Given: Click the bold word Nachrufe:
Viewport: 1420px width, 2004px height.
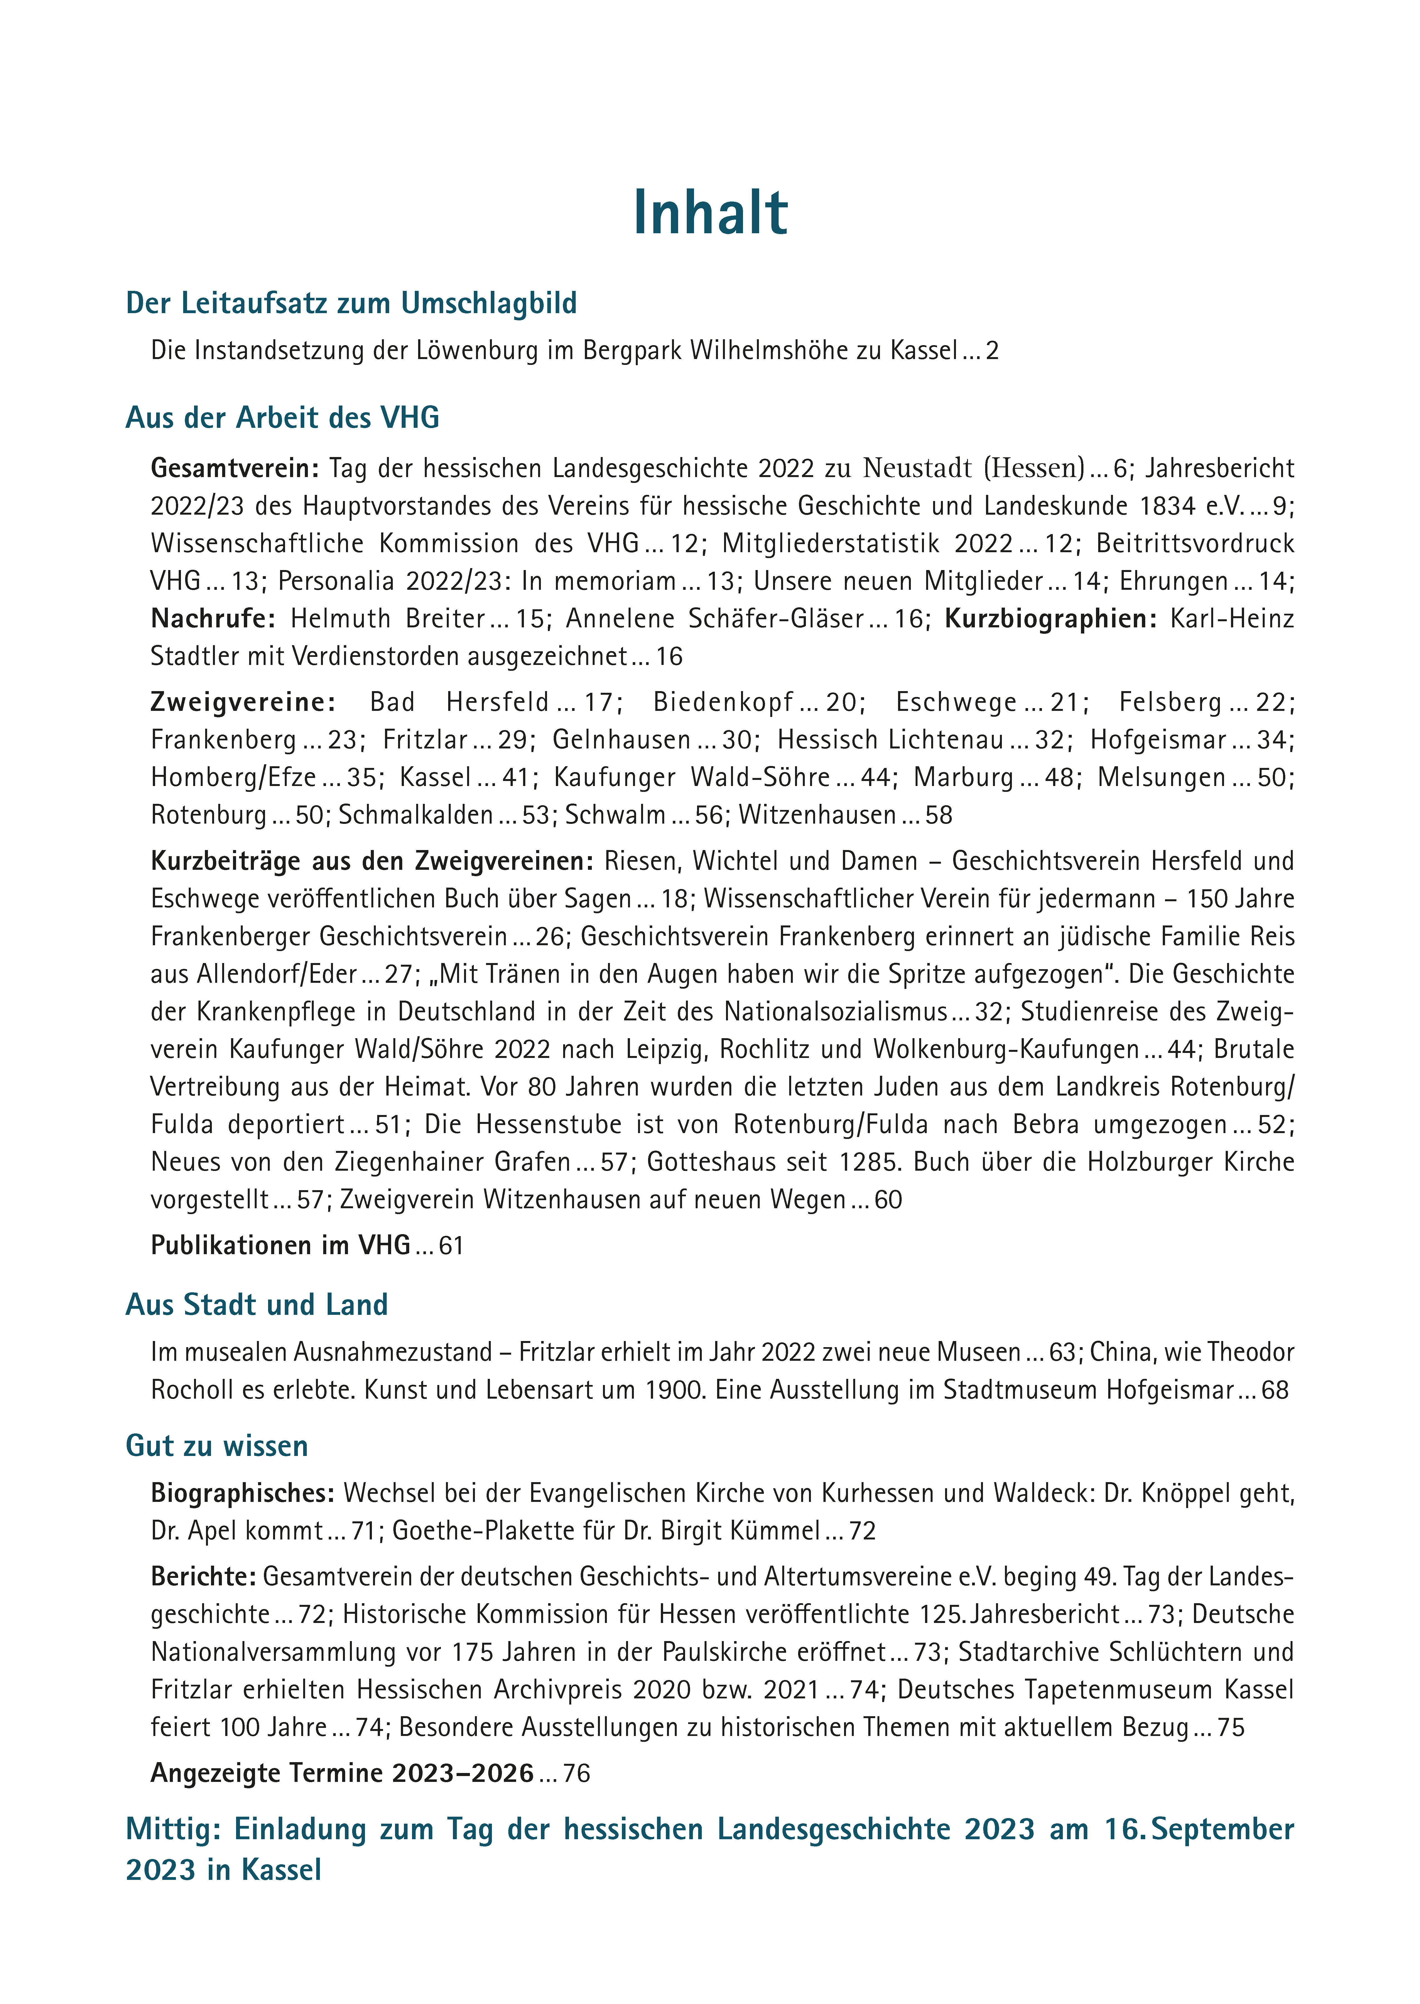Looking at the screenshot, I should click(x=212, y=619).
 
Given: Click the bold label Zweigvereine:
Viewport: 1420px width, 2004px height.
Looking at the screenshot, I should click(x=243, y=702).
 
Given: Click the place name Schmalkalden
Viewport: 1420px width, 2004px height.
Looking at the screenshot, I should click(x=415, y=815).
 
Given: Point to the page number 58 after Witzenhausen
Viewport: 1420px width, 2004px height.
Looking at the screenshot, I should click(x=938, y=815).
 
